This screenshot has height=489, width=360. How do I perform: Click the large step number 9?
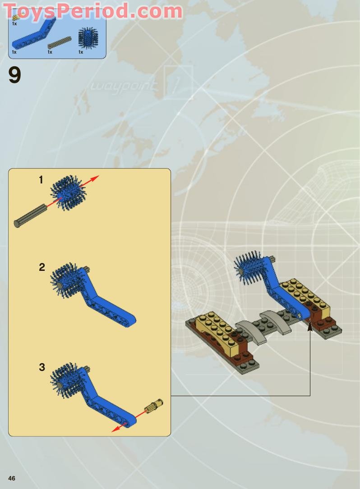[14, 76]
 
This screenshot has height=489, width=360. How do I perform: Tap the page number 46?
[12, 478]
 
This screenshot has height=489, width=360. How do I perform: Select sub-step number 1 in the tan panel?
[41, 180]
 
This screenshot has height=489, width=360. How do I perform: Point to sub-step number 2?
[42, 267]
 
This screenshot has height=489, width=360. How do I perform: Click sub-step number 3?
[42, 367]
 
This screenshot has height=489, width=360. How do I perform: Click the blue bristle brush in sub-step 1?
[67, 193]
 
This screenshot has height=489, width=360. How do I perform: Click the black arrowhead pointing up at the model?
[310, 325]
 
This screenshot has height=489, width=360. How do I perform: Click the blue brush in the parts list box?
[88, 38]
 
